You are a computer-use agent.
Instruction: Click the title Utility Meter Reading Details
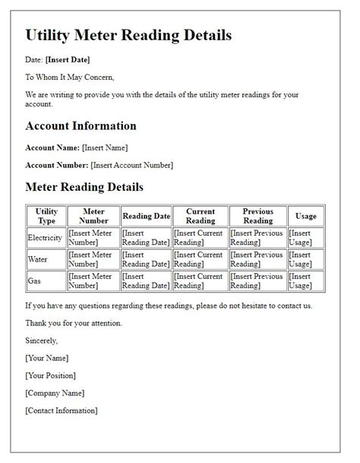(x=128, y=35)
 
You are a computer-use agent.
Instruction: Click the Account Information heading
(x=81, y=126)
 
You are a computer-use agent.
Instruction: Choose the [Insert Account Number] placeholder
(x=131, y=165)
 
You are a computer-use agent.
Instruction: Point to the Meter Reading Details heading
(x=84, y=186)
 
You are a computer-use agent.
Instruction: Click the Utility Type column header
(x=46, y=216)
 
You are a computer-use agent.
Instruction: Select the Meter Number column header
(x=93, y=216)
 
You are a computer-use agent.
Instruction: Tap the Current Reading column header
(x=201, y=216)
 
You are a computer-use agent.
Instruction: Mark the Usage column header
(x=305, y=216)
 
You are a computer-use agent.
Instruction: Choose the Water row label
(x=37, y=259)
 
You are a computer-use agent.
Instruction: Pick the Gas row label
(x=34, y=281)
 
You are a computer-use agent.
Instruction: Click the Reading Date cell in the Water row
(x=146, y=259)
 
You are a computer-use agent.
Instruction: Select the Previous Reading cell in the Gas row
(x=257, y=281)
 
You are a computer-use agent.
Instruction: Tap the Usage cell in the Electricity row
(x=305, y=238)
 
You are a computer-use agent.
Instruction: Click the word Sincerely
(x=41, y=341)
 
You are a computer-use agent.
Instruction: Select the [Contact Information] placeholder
(x=62, y=411)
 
